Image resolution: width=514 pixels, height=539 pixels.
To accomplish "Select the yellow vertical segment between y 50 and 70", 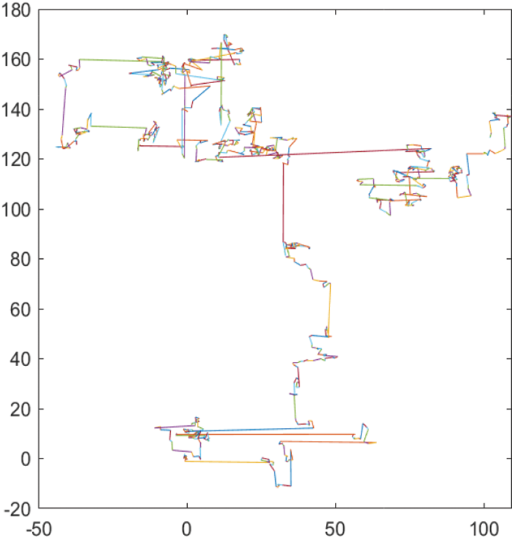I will coord(330,310).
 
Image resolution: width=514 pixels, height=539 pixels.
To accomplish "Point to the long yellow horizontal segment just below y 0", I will coord(225,462).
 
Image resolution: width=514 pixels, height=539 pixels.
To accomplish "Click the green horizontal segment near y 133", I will coord(117,126).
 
